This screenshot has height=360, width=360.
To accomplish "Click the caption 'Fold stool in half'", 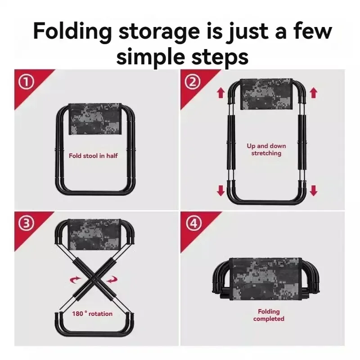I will pos(93,157).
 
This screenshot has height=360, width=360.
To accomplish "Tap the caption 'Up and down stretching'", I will pos(266,149).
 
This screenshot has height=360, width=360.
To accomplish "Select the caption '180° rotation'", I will pos(92,313).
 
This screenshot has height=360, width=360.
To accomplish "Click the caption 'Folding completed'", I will pos(269,315).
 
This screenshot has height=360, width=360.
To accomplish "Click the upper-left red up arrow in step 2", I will pos(220,93).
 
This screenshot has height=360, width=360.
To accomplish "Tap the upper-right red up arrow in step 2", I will pos(314,93).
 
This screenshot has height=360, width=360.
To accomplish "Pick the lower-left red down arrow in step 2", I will pos(220,190).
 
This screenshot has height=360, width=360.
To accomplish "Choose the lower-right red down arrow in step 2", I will pos(314,190).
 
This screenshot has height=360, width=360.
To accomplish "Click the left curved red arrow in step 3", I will pos(73,280).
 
